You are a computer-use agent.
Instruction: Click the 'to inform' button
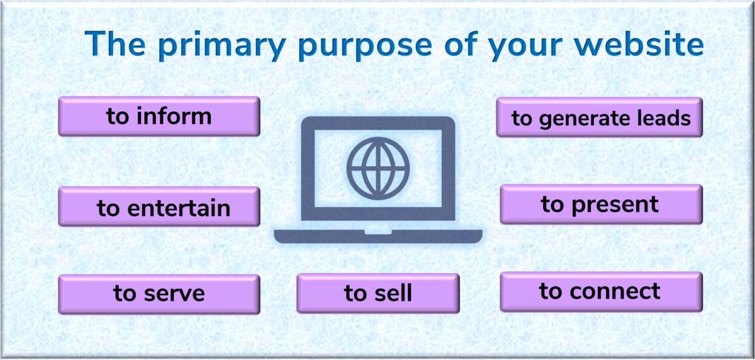click(159, 116)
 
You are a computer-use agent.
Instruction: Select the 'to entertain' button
click(159, 206)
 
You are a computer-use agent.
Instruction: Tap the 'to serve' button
click(159, 295)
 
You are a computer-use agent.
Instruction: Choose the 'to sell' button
click(378, 293)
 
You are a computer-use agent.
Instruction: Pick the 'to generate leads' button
click(599, 117)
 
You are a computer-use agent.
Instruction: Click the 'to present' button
click(601, 205)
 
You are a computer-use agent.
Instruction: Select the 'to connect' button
click(601, 291)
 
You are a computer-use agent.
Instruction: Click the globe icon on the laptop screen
click(378, 168)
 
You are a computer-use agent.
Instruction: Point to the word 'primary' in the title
click(222, 46)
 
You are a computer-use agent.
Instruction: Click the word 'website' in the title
click(639, 43)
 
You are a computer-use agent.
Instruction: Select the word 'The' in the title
click(115, 43)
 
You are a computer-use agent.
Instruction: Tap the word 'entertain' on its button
click(179, 208)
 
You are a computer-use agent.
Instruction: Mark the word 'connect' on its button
click(615, 291)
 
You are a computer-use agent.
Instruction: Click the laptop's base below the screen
click(378, 236)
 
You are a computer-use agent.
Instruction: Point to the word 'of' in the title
click(461, 43)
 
